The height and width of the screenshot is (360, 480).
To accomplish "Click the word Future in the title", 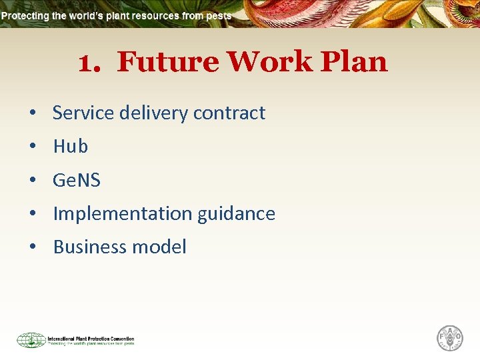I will point(167,62).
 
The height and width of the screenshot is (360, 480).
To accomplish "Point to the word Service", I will point(83,113).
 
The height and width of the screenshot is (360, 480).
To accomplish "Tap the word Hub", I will point(70,146).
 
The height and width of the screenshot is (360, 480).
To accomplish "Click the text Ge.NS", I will point(76,179).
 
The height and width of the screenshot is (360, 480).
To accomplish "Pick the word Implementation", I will point(122,213).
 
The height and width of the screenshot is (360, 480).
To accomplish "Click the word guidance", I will point(236,213).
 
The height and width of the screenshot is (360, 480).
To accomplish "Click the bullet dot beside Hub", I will point(32,147).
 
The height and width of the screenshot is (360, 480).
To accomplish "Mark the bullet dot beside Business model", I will point(32,247).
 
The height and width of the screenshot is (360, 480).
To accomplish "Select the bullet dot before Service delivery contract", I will point(32,113).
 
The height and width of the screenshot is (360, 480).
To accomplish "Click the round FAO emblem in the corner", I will point(450,338).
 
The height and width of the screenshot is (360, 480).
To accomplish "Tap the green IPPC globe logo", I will point(31,340).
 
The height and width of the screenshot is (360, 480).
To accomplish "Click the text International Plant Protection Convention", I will point(91,339).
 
